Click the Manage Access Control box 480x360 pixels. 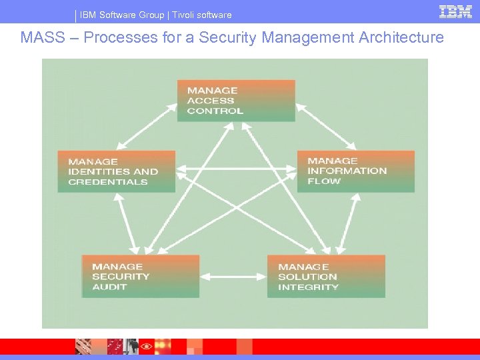[x=236, y=101]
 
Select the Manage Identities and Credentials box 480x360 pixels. [x=116, y=171]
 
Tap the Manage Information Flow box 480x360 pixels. [x=356, y=171]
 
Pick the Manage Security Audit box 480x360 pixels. [x=140, y=276]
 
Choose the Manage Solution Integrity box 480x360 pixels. [x=326, y=276]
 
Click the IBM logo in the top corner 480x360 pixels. [x=456, y=11]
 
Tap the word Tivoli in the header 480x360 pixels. [x=185, y=15]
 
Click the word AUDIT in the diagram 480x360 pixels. [x=109, y=287]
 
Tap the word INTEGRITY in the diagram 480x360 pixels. [x=308, y=287]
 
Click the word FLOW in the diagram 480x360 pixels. [x=324, y=181]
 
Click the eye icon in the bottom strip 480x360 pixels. [x=146, y=347]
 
